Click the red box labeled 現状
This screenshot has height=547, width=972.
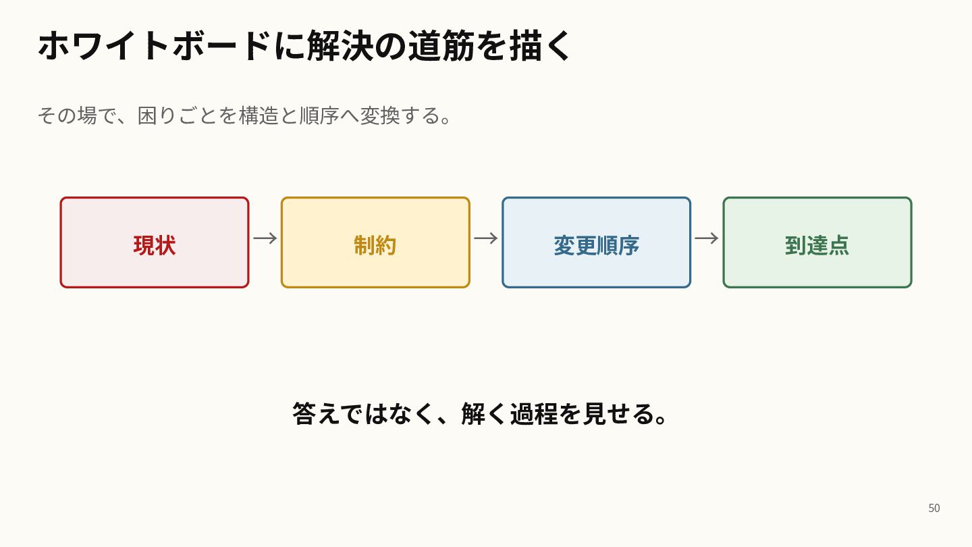(155, 242)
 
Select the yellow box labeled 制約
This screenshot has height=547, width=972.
(375, 242)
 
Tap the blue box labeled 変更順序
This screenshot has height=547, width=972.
(596, 242)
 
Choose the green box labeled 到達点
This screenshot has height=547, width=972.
(817, 242)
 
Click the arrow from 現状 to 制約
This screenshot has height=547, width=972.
(265, 238)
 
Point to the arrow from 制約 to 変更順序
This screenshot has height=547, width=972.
(486, 238)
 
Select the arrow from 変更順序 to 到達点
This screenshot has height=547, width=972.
(707, 238)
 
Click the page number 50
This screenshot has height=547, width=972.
(934, 508)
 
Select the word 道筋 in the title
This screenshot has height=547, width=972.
(441, 46)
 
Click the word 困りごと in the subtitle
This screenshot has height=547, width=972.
(178, 115)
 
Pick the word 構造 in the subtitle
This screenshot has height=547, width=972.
(259, 115)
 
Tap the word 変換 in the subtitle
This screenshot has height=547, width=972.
(379, 115)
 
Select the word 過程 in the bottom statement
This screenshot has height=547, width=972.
(534, 414)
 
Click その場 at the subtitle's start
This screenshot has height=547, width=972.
(67, 115)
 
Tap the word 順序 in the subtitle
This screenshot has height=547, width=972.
(319, 115)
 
